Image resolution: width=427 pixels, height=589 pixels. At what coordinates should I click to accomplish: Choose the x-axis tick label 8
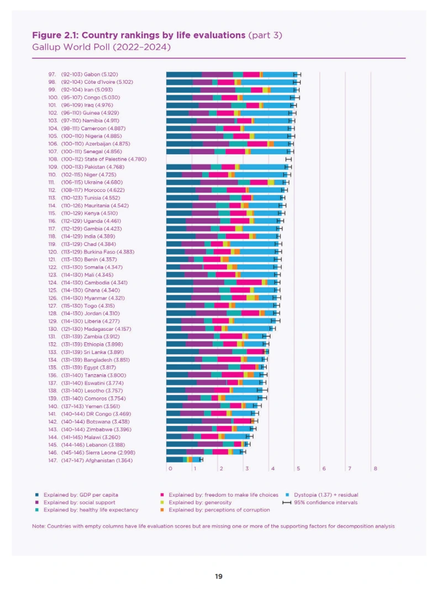[x=375, y=468]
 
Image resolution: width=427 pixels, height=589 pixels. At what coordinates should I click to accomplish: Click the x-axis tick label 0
[x=170, y=468]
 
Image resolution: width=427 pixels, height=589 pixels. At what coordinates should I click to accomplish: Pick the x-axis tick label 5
[x=298, y=468]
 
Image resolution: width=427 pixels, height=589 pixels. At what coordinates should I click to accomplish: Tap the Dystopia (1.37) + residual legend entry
[x=320, y=494]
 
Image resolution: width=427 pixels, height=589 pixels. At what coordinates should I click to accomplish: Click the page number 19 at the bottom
[x=219, y=576]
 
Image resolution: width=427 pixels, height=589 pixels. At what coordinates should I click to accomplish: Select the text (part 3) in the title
[x=266, y=35]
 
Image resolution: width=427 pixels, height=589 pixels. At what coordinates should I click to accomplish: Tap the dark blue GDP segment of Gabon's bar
[x=183, y=74]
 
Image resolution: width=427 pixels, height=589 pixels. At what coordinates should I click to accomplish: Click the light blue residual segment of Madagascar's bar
[x=249, y=329]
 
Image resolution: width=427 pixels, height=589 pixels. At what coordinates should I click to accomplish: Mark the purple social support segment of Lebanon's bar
[x=210, y=444]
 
